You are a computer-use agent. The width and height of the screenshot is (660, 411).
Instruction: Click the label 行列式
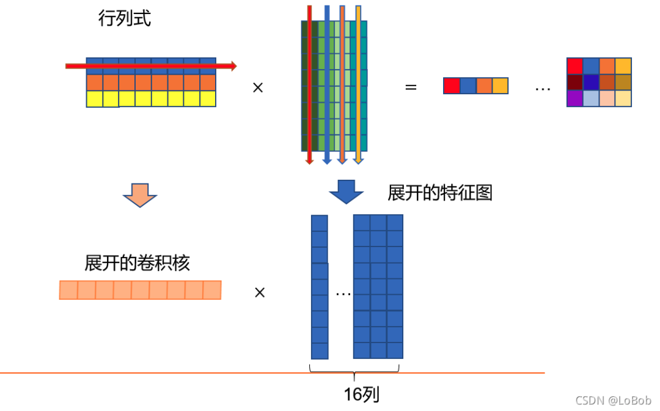(x=124, y=19)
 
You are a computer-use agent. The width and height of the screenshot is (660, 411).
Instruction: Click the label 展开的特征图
(x=439, y=193)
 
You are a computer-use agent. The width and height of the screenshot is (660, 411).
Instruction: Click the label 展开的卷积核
(x=137, y=263)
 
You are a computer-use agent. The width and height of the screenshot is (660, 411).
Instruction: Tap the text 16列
(x=361, y=394)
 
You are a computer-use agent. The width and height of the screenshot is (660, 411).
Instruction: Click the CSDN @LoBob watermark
(x=613, y=400)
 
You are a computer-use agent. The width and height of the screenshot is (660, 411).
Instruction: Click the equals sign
(x=411, y=87)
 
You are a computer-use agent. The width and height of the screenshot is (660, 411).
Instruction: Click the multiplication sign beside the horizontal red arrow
(x=257, y=87)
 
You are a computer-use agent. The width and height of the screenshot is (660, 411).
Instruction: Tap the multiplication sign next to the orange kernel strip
(x=260, y=293)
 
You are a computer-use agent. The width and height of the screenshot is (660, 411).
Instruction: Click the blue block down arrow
(x=346, y=192)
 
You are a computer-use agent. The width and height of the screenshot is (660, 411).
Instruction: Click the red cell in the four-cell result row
(x=451, y=86)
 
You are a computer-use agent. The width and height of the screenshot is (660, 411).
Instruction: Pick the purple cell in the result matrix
(x=574, y=98)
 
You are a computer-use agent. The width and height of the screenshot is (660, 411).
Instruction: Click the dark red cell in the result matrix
(x=574, y=82)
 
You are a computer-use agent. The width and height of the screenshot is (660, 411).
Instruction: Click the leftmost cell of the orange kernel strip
(x=68, y=290)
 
